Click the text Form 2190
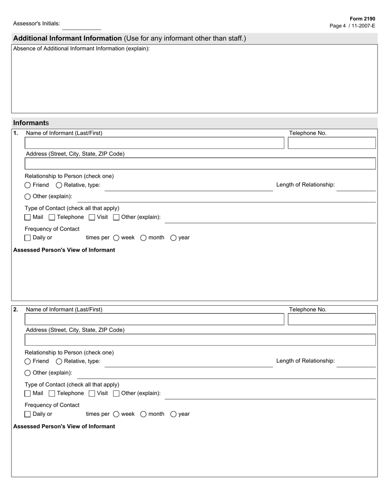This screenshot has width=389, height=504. click(362, 19)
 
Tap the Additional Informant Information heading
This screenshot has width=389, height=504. click(68, 39)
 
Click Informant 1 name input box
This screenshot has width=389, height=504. click(154, 143)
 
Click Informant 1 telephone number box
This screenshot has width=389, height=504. click(332, 143)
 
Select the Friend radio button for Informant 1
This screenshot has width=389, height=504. click(28, 185)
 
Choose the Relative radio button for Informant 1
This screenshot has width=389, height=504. click(59, 185)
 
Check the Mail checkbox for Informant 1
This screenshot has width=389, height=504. click(28, 217)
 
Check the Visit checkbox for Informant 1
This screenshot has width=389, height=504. click(92, 217)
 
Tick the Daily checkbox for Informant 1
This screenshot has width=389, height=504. click(28, 238)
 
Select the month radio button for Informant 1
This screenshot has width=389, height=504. click(143, 238)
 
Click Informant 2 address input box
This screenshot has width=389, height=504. click(200, 340)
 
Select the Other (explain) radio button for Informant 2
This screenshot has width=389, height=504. click(28, 373)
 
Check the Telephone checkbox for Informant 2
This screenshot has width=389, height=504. click(52, 393)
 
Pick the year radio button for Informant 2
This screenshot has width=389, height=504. click(173, 414)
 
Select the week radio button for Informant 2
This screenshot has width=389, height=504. click(116, 414)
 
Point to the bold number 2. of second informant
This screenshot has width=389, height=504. click(16, 310)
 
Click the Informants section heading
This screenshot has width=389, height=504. click(31, 123)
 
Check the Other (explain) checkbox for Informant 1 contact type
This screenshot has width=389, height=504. click(116, 217)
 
